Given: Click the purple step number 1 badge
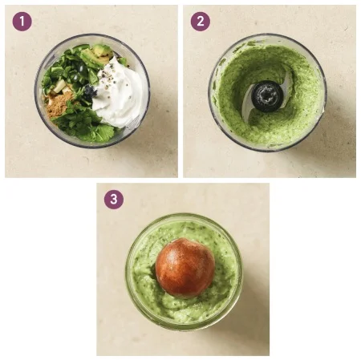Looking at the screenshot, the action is click(x=22, y=22).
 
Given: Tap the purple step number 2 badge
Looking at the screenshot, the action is click(x=201, y=22).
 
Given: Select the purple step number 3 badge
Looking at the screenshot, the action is click(x=114, y=200).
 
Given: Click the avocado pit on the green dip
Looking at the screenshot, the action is click(x=185, y=268).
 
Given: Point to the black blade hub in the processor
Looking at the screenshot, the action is click(x=267, y=96).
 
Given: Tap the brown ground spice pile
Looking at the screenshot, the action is click(x=58, y=106).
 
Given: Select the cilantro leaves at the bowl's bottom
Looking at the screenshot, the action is click(x=83, y=126).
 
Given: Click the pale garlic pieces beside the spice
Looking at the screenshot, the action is click(x=59, y=87).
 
